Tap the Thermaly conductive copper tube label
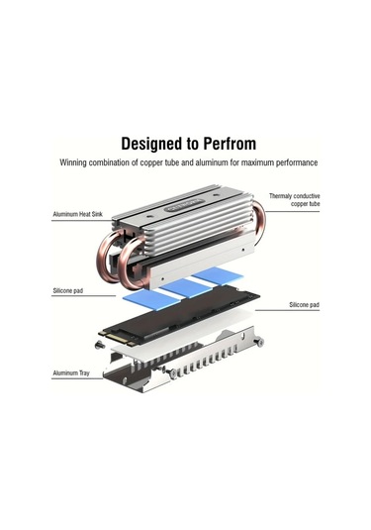[294, 201]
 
